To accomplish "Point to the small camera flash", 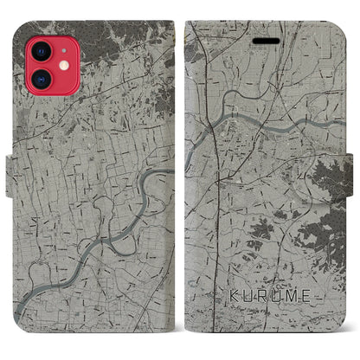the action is click(55, 57).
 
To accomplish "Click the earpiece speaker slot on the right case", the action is click(260, 41).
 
